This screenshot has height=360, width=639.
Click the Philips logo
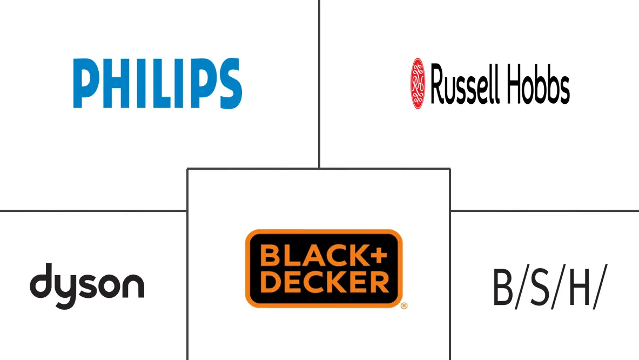pos(157,84)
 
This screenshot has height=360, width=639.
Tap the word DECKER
pos(324,282)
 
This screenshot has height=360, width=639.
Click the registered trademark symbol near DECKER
pos(403,306)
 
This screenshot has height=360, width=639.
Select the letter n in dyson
pos(134,285)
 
